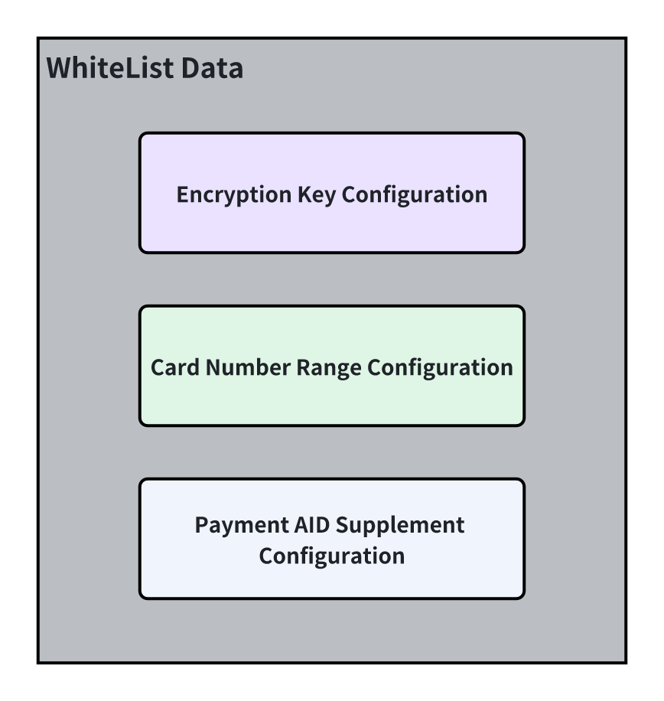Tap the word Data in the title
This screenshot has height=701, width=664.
[x=212, y=68]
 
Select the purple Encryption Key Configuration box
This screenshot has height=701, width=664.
[x=331, y=193]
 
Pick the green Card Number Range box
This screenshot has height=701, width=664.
[x=331, y=366]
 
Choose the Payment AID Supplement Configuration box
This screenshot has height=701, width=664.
[x=331, y=539]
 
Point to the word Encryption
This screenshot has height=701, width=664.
[x=234, y=195]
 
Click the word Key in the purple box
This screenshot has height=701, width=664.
[x=317, y=195]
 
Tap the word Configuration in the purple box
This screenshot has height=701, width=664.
[x=415, y=195]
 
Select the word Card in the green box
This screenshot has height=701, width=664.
[x=174, y=367]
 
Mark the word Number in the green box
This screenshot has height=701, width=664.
[x=248, y=367]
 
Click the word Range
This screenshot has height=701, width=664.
[x=329, y=368]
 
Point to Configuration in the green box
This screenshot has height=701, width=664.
[x=440, y=368]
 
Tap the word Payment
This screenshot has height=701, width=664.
[x=241, y=526]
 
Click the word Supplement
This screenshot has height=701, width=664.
[x=400, y=526]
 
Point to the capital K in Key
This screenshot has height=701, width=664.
[x=305, y=194]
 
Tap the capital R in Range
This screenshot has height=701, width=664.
[x=304, y=367]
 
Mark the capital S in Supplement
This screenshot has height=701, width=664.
[x=342, y=525]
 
